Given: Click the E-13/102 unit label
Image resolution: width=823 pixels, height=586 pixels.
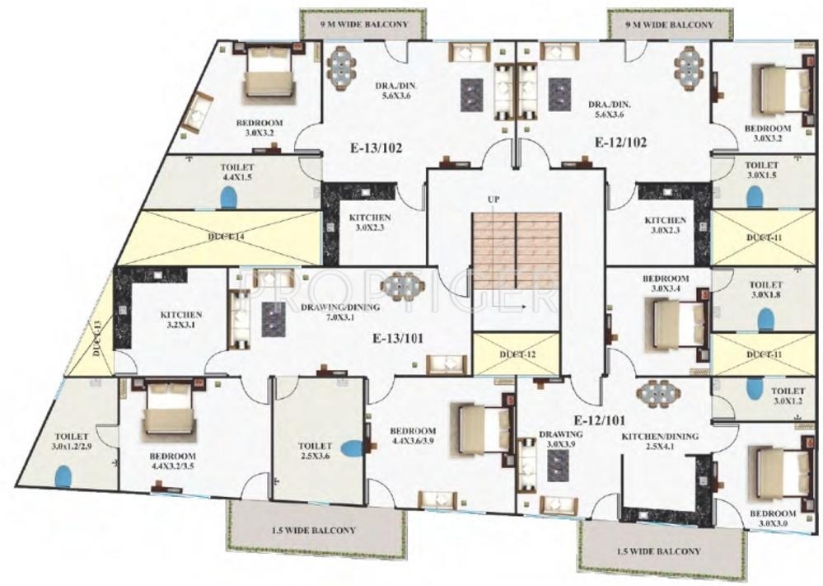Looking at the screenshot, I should coord(375,149).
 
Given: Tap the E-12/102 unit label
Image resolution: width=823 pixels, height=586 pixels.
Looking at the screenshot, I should coord(620,142).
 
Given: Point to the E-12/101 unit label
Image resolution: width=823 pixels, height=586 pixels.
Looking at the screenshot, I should coord(601,417).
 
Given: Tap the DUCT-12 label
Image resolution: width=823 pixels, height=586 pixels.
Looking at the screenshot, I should coord(516,354).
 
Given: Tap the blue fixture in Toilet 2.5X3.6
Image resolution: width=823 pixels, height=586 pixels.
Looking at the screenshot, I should coord(353,449).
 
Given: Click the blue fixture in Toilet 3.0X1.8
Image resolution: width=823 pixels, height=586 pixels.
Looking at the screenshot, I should coord(765,317).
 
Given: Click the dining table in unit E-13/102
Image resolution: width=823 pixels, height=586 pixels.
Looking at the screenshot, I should coord(340,66).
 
